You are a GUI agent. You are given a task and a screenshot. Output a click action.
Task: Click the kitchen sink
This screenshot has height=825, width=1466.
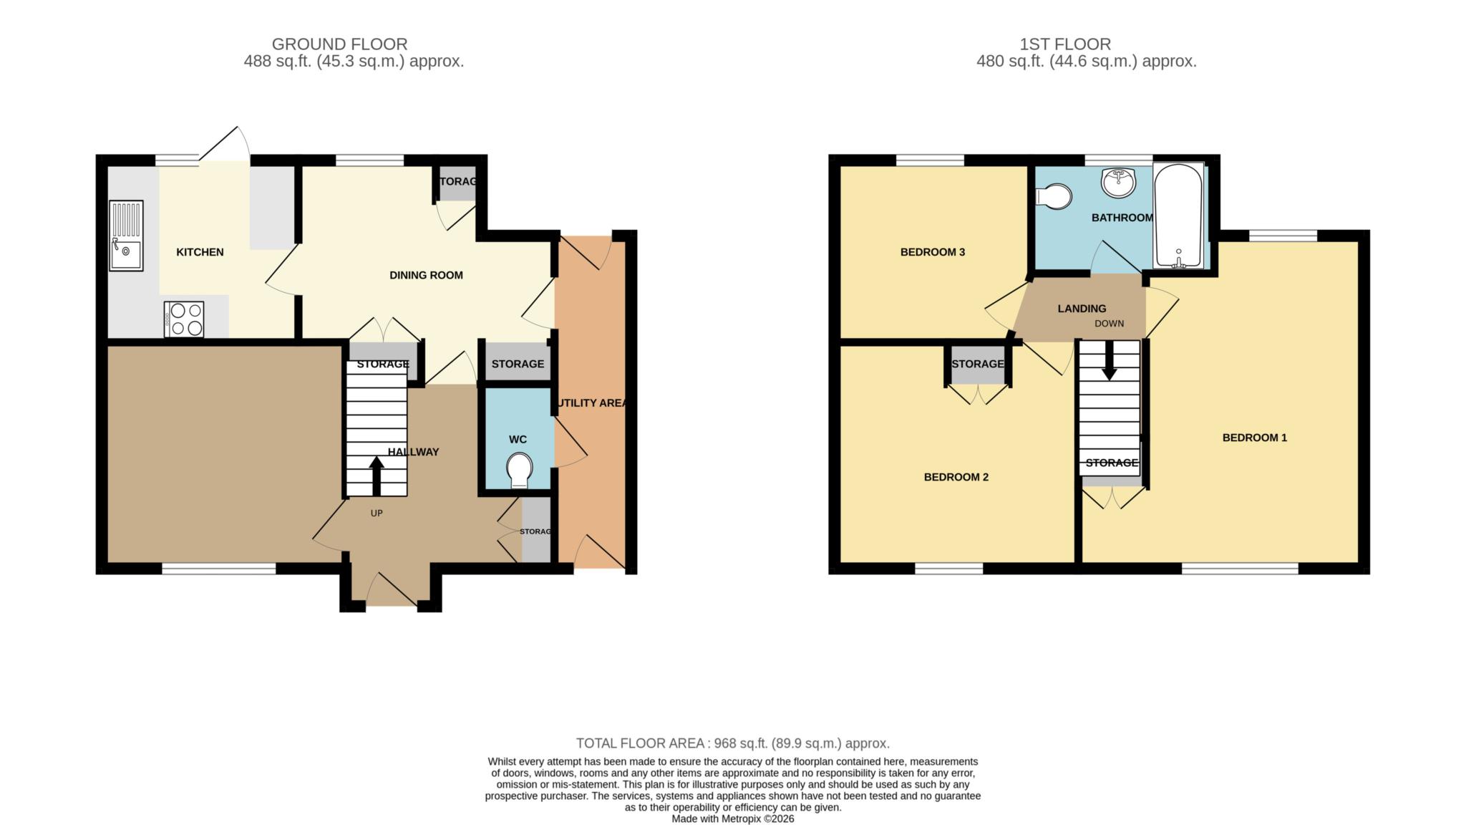tap(126, 236)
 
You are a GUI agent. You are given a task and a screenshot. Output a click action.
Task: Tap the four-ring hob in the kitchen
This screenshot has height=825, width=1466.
tap(184, 319)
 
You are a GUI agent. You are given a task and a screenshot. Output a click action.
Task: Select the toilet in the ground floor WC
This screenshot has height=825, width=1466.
tap(519, 471)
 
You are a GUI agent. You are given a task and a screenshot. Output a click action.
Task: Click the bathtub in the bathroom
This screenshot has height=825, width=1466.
tap(1178, 216)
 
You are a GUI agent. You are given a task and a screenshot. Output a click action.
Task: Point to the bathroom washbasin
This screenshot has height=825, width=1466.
tap(1118, 183)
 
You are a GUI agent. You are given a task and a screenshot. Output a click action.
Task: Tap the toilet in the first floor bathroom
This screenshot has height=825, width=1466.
tap(1054, 196)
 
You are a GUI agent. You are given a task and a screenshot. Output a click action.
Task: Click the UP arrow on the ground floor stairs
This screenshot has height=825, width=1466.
tap(376, 476)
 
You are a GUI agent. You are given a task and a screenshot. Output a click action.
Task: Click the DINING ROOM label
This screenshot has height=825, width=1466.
tap(426, 275)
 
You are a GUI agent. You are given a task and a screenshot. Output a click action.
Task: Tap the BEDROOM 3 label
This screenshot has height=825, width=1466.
tap(933, 252)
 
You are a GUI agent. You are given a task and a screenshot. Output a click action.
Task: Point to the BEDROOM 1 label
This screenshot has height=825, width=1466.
tap(1255, 438)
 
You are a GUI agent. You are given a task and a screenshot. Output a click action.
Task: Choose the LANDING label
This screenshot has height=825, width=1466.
tap(1082, 309)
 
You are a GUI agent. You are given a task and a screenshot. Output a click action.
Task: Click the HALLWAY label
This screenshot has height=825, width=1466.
tap(413, 452)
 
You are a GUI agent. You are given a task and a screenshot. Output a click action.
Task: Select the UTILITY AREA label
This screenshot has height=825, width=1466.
tap(592, 403)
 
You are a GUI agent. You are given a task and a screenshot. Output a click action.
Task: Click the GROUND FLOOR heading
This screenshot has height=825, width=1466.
tap(339, 44)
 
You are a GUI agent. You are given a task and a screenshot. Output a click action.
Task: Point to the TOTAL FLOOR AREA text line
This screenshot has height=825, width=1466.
tap(733, 743)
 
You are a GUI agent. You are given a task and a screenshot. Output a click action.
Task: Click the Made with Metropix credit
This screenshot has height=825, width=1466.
tap(733, 819)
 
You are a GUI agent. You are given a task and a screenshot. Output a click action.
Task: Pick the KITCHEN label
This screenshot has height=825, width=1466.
tap(200, 252)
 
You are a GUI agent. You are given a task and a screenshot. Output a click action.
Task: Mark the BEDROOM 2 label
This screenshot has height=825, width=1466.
tap(956, 477)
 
